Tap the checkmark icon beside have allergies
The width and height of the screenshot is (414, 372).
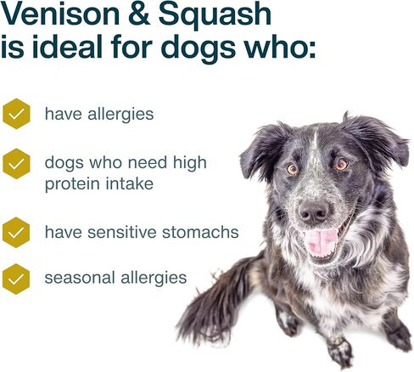point(16,114)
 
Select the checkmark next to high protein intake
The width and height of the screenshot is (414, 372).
point(16,161)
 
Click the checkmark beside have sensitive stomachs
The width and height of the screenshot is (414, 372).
point(16,231)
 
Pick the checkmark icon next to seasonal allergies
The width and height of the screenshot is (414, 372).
point(16,277)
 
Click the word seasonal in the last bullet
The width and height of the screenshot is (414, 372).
point(77,278)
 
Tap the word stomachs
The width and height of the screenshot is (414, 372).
point(204,232)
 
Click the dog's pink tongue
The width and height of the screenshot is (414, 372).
point(321,242)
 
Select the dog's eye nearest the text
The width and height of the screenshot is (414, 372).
point(292,168)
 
